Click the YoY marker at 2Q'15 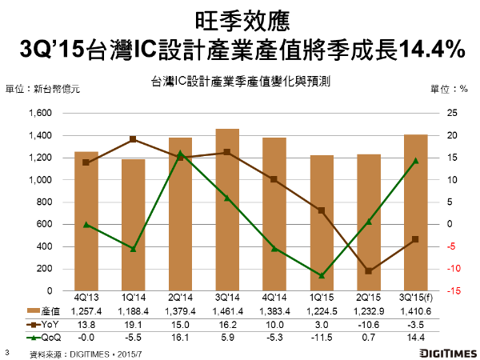[x=369, y=271]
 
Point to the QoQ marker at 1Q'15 [x=322, y=275]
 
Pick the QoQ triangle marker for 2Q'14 [x=180, y=153]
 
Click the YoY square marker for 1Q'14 [x=133, y=139]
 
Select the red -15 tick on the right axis [x=454, y=291]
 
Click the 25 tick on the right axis [x=453, y=114]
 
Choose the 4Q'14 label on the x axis [x=274, y=298]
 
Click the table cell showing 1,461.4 [x=227, y=311]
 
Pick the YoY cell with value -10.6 [x=369, y=323]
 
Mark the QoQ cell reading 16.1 [x=180, y=335]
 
